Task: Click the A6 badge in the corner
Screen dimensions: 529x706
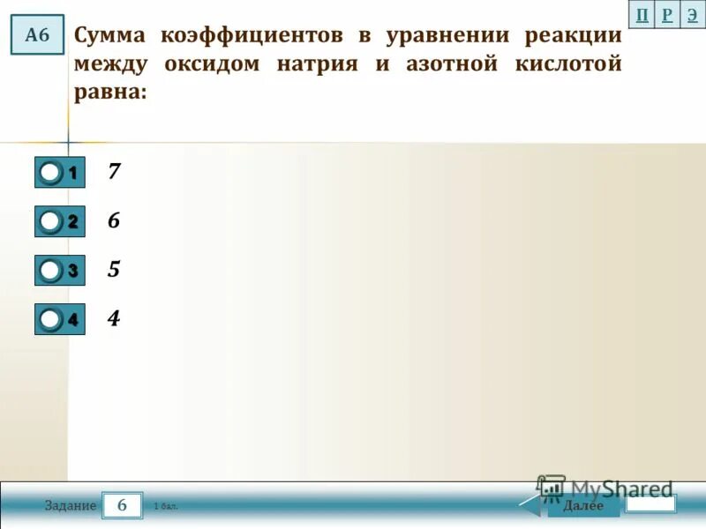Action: click(x=37, y=35)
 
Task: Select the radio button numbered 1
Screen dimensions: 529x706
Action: click(x=51, y=173)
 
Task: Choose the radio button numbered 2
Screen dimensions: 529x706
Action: click(x=51, y=221)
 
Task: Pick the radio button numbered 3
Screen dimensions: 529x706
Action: click(x=51, y=270)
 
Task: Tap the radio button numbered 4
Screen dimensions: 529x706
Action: click(x=51, y=318)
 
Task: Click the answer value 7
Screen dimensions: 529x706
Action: click(x=114, y=171)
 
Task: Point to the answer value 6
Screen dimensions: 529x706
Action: click(x=114, y=220)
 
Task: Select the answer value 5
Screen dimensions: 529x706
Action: click(x=114, y=269)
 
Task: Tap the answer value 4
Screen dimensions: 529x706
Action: click(x=114, y=317)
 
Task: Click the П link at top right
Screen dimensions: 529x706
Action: click(x=642, y=14)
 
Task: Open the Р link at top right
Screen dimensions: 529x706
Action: click(x=667, y=14)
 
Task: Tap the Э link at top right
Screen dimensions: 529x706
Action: click(x=693, y=14)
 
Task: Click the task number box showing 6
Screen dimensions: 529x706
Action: click(x=122, y=505)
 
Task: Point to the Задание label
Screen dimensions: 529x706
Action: click(x=71, y=506)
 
